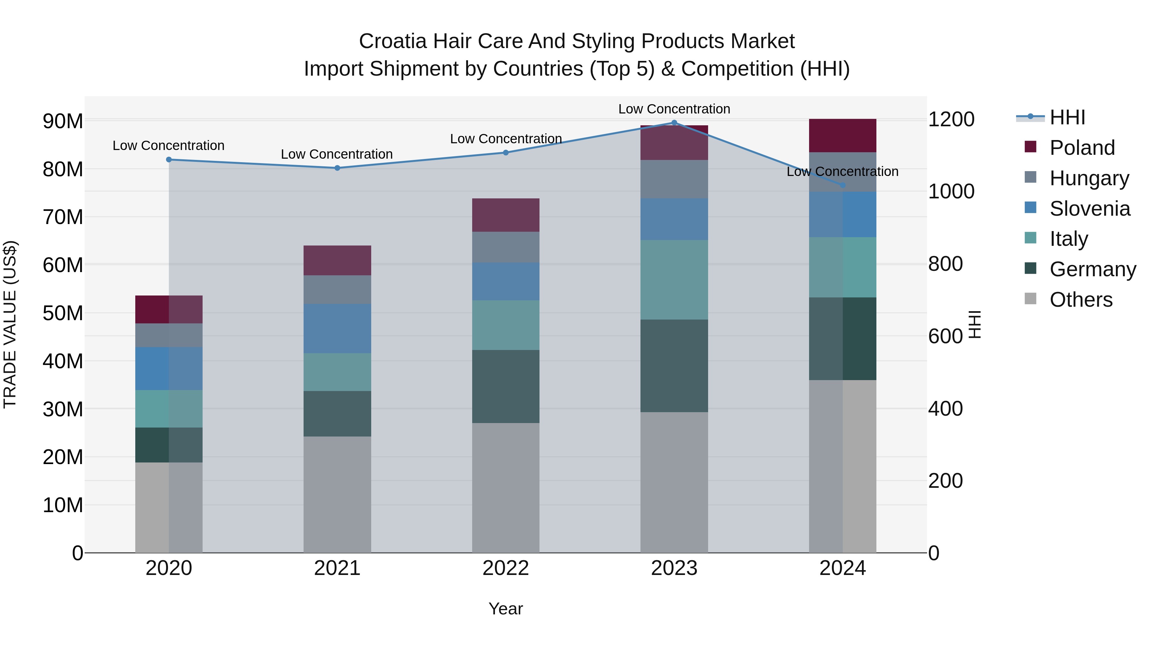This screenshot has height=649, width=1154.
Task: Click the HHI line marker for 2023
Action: [674, 123]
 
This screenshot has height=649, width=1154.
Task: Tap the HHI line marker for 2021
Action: [337, 168]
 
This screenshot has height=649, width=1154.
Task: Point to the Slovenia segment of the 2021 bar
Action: [337, 328]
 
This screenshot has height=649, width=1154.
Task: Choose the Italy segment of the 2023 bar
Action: [674, 279]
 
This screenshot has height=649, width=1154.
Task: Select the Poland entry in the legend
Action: [1082, 148]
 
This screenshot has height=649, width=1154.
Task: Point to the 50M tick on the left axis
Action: [63, 313]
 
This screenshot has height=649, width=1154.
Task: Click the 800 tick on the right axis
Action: [945, 264]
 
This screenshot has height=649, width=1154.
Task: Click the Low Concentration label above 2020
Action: [168, 146]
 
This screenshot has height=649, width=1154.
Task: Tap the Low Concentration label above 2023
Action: [674, 109]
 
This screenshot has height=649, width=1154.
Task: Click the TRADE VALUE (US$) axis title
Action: [10, 324]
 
